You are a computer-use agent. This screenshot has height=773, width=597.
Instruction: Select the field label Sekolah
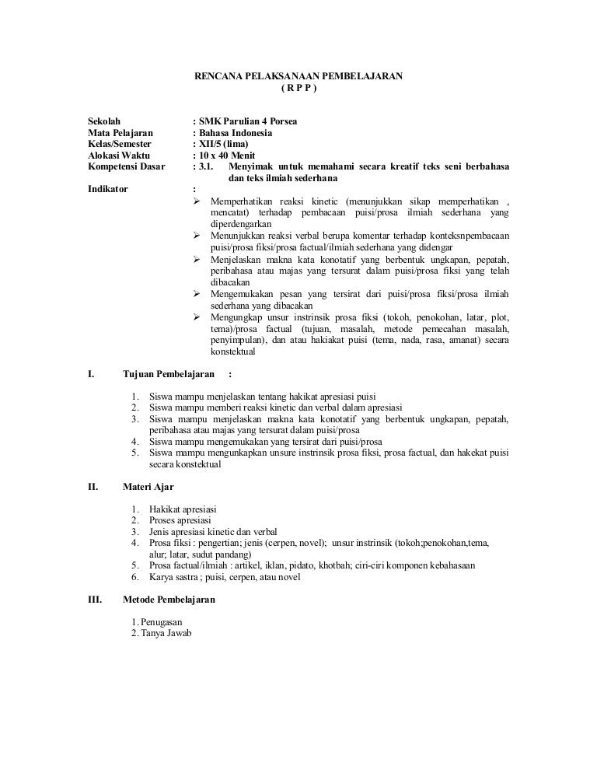click(105, 121)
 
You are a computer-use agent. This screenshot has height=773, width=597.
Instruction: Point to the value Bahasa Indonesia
click(236, 133)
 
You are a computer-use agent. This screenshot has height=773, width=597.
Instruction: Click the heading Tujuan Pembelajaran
click(169, 373)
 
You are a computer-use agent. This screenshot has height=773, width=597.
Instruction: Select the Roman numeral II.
click(93, 487)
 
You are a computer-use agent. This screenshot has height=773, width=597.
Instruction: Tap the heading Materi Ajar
click(148, 487)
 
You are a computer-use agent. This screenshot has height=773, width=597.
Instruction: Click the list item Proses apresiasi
click(180, 520)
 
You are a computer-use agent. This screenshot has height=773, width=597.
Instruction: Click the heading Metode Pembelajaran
click(169, 600)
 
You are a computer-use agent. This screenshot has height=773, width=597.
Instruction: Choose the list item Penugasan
click(162, 622)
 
